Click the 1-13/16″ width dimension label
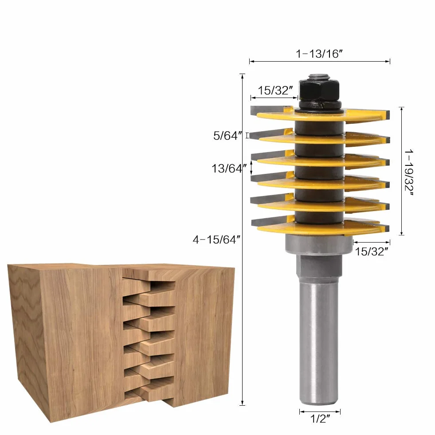pyautogui.click(x=319, y=54)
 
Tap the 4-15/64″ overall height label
pyautogui.click(x=216, y=239)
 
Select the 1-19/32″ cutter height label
pyautogui.click(x=409, y=172)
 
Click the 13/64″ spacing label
pyautogui.click(x=229, y=169)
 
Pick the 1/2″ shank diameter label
pyautogui.click(x=320, y=419)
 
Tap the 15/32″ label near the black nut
pyautogui.click(x=275, y=90)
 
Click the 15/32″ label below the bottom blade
pyautogui.click(x=372, y=251)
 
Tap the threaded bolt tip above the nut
pyautogui.click(x=319, y=76)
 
